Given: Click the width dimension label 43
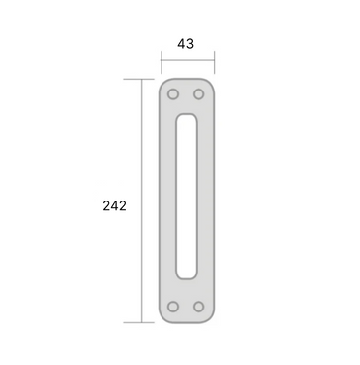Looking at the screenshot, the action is (x=186, y=44).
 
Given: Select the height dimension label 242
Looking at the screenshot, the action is (x=114, y=206).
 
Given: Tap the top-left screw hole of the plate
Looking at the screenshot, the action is (x=173, y=94).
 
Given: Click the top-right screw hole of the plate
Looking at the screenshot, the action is (x=198, y=94).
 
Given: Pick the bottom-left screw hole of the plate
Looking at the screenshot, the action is (x=173, y=307).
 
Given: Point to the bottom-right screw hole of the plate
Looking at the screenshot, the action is (x=198, y=307).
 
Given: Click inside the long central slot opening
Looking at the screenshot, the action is (x=186, y=197).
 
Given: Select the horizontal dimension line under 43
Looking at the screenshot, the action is (x=188, y=60).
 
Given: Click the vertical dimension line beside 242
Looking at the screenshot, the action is (x=142, y=201).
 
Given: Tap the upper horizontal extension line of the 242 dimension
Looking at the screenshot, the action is (x=138, y=79).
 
